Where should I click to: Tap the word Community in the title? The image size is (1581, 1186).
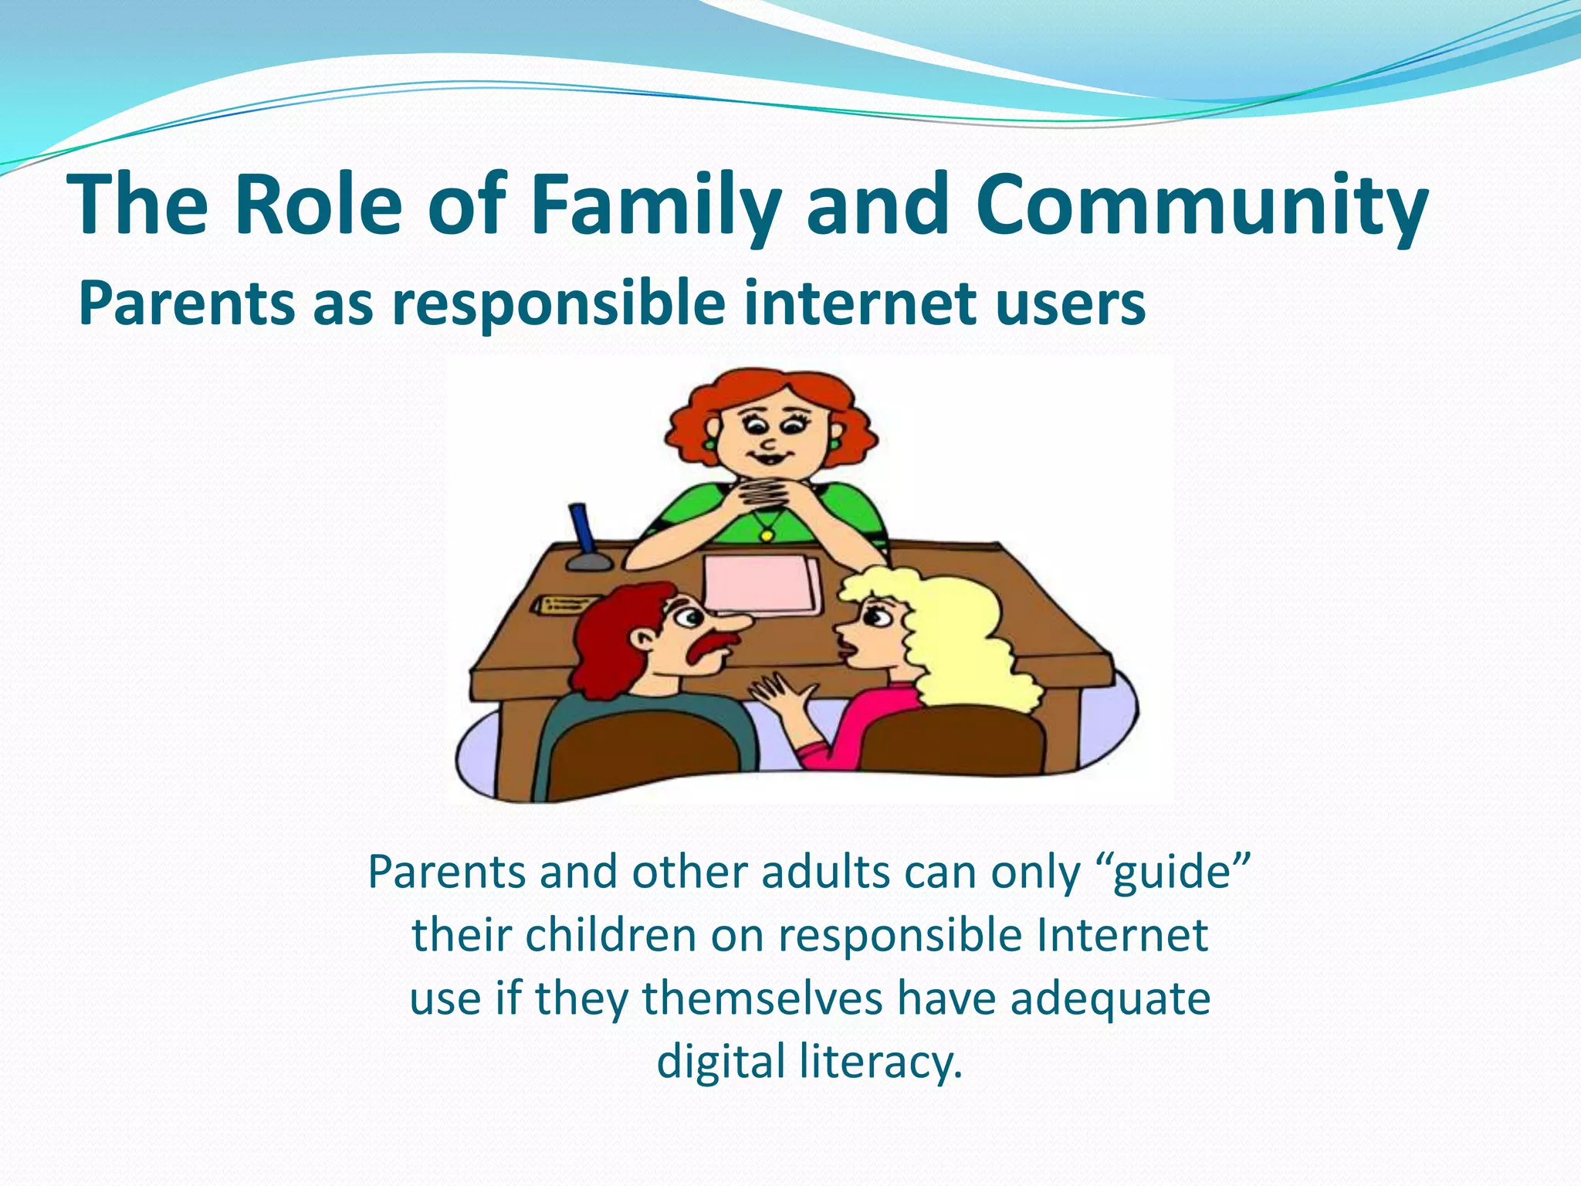pos(1201,205)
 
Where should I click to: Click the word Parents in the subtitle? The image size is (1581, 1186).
pos(186,303)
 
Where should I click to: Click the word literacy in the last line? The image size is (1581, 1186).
pos(881,1062)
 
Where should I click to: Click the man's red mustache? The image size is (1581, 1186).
pos(711,645)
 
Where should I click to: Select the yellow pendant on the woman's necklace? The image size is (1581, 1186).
pos(767,534)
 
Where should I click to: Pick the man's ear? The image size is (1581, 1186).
pos(643,637)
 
